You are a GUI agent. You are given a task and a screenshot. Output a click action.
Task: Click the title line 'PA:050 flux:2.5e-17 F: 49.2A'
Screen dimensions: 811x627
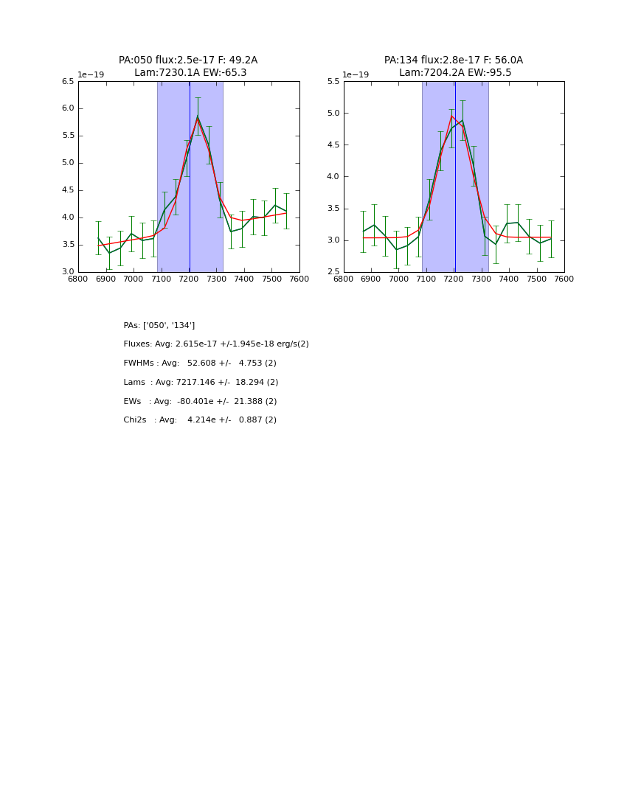pos(188,60)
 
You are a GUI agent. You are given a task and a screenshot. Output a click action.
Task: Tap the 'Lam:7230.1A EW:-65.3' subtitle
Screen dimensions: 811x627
pos(190,73)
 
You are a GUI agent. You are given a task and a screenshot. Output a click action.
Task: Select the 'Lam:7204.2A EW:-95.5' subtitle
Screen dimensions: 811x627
pos(455,73)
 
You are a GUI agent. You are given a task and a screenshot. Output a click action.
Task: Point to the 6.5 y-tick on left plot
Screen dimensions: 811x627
pos(67,82)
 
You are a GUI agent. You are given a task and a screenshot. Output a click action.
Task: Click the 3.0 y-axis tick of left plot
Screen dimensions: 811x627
pos(67,272)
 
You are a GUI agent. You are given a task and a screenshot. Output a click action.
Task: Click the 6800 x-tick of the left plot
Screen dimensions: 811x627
pos(78,279)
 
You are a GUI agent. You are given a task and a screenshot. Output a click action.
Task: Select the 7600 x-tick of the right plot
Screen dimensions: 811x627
pos(564,279)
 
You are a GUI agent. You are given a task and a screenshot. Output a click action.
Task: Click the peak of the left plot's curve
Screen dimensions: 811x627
pos(198,116)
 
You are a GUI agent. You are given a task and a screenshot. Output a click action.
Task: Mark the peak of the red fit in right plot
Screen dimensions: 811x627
pos(451,116)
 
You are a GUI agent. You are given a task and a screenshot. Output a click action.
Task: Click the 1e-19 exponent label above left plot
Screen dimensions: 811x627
pos(91,74)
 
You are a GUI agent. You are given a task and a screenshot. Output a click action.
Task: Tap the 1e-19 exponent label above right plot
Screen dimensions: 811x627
pos(356,74)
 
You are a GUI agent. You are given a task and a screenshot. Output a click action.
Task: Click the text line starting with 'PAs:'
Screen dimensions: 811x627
pos(159,325)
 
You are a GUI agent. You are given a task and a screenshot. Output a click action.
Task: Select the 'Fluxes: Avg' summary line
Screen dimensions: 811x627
pos(216,344)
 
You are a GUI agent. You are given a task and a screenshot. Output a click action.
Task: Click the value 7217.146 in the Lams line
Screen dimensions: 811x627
pos(195,383)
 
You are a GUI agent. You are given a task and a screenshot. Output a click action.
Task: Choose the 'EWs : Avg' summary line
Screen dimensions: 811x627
pos(200,402)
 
